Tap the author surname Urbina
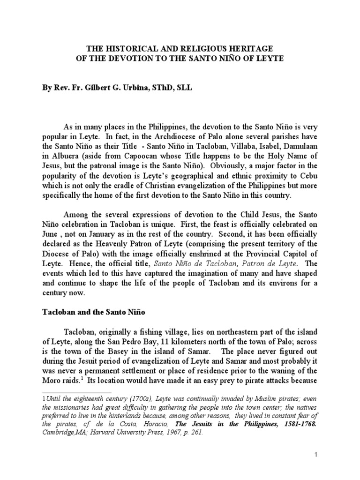131,87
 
